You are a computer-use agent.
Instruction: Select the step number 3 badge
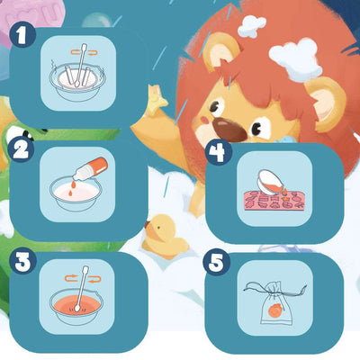pos(22,261)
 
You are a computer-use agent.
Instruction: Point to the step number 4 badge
pos(219,151)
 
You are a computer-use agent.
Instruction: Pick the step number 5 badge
pos(217,264)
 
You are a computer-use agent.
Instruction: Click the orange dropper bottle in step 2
pos(90,169)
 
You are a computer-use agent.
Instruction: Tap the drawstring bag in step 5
pos(274,303)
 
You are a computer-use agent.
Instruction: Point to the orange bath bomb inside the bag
pos(274,310)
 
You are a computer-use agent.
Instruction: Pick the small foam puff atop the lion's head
pos(251,25)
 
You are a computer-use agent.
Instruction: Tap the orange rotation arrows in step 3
pos(83,278)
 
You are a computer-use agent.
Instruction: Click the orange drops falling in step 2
pos(72,188)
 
